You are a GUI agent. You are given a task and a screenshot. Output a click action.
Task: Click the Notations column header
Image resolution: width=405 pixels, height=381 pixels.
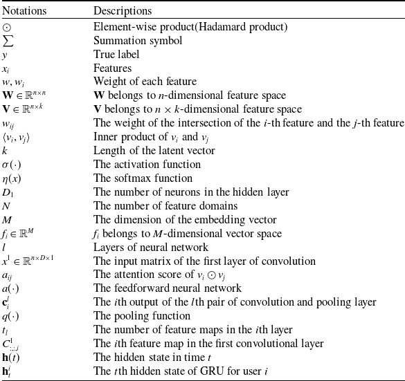coord(24,11)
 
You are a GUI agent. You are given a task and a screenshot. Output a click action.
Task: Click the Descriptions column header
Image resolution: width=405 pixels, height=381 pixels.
coord(123,11)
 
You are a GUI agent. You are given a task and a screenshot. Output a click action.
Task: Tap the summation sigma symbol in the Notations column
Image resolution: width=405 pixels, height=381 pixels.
coord(8,41)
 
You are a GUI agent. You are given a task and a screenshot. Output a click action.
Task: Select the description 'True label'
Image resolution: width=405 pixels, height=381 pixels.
coord(116,55)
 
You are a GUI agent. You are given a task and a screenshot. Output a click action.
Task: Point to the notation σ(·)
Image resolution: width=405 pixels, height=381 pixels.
coord(11,165)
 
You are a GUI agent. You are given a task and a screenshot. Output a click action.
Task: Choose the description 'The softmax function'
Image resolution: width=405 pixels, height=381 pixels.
coord(143,178)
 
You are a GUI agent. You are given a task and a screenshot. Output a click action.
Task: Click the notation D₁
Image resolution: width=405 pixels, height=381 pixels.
coord(8,192)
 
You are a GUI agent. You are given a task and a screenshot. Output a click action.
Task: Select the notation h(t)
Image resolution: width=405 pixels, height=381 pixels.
coord(10,357)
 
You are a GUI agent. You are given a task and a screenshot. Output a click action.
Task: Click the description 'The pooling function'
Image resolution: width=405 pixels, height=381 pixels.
coord(142,316)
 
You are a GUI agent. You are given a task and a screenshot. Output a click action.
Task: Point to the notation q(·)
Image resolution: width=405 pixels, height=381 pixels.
coord(10,316)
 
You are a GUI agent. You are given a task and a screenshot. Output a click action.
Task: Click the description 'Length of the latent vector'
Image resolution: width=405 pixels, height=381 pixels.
coord(154,151)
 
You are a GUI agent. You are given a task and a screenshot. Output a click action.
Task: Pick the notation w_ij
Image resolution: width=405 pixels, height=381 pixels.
coord(8,124)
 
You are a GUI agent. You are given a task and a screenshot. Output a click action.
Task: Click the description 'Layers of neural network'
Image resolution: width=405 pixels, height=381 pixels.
coord(151,248)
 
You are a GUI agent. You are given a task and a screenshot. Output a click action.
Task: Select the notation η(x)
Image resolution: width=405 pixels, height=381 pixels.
coord(11,178)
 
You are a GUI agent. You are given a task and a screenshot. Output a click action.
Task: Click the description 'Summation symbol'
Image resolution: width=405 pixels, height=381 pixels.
coord(138,41)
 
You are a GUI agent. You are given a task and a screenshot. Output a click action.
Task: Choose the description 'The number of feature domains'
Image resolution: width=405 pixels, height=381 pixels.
coord(165,206)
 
